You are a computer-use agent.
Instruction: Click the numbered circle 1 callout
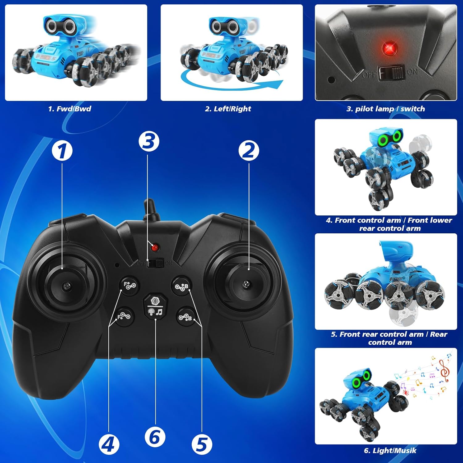click(x=62, y=151)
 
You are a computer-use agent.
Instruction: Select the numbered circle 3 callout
click(x=149, y=141)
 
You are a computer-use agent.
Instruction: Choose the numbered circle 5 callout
click(x=202, y=444)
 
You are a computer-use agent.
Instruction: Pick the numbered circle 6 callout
click(x=155, y=436)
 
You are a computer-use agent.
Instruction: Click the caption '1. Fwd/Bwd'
click(x=70, y=109)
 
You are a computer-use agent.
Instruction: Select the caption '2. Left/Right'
click(x=228, y=109)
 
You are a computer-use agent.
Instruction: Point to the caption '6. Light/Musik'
click(x=390, y=451)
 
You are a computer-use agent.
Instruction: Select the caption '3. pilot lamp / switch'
click(x=386, y=109)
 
